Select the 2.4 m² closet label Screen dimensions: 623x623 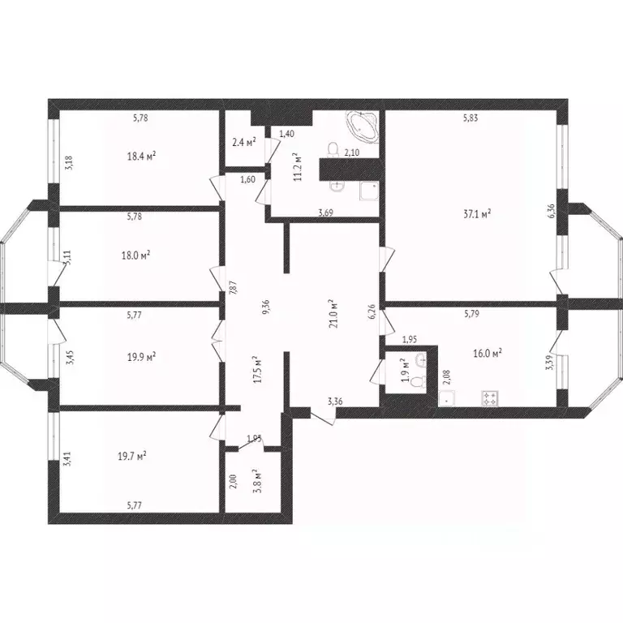243,142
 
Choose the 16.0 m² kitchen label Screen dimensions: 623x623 488,353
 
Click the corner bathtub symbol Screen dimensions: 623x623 363,126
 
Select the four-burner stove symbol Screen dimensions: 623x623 491,398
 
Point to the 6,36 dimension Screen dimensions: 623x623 551,210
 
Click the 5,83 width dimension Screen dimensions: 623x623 470,118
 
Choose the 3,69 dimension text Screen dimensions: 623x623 325,213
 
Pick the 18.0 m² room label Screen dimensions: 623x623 135,254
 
